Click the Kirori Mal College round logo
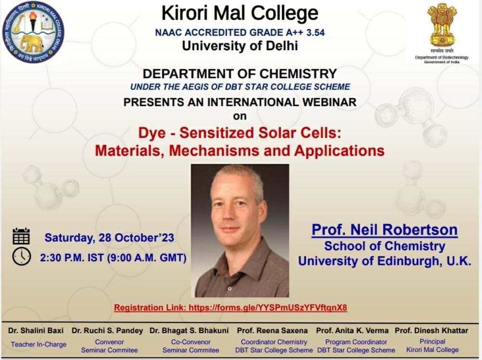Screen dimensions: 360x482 click(33, 32)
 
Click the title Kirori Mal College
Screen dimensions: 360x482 click(240, 13)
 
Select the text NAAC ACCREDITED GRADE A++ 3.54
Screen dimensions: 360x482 click(240, 33)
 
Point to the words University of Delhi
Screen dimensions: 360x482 click(240, 46)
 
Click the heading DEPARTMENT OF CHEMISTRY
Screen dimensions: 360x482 click(240, 74)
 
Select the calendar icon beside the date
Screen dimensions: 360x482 click(21, 236)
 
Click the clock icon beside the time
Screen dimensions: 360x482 click(21, 256)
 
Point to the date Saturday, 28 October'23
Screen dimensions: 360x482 click(109, 238)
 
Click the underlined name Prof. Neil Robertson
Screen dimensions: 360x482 click(384, 230)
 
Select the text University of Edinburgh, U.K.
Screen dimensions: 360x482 click(384, 261)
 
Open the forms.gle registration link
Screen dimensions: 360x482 click(268, 307)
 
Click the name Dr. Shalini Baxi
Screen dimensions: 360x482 click(36, 331)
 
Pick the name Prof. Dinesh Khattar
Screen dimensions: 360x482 click(431, 331)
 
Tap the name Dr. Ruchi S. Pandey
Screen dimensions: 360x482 click(107, 331)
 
